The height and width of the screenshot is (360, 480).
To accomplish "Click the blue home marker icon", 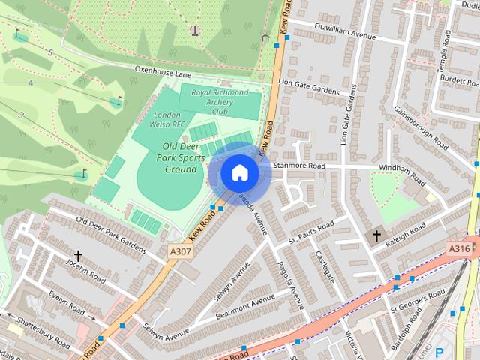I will [x=239, y=172].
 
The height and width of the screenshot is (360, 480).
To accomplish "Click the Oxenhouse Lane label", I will [x=163, y=72].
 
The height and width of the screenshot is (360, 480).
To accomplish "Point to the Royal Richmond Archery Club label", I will [x=220, y=102].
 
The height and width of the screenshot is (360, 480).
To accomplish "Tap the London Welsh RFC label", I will [x=169, y=119].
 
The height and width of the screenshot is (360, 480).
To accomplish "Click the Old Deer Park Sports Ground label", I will [x=180, y=157].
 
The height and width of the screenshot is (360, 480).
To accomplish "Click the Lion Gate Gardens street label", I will [x=308, y=85].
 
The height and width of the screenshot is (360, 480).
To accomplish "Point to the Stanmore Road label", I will [x=299, y=165].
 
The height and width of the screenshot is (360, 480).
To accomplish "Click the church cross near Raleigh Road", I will [x=376, y=236].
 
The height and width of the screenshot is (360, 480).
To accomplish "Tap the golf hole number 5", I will [x=50, y=52].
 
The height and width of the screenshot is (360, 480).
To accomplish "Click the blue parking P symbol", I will [x=439, y=352].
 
